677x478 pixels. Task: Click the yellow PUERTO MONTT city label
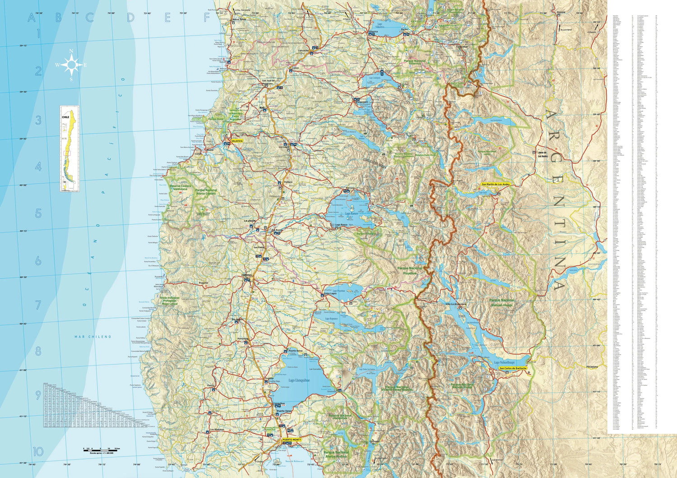(292, 440)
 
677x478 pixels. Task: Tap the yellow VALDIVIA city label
(237, 141)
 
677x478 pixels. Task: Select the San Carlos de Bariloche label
(513, 368)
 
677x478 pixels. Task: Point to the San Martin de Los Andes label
(496, 184)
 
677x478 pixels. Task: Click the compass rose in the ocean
(71, 65)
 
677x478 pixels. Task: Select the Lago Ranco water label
(352, 213)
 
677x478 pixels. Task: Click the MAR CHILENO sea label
(93, 337)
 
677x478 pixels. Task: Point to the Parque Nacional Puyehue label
(410, 270)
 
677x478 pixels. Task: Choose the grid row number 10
(38, 451)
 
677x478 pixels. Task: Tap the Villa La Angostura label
(455, 304)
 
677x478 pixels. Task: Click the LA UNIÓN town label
(250, 221)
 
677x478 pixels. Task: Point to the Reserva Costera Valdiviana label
(180, 187)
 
